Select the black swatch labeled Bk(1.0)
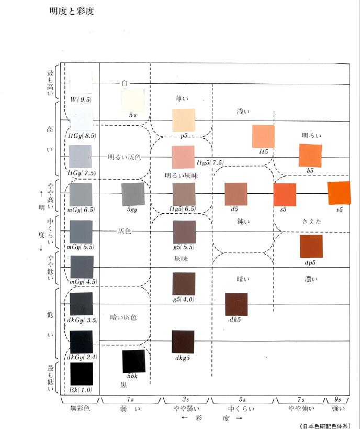81,373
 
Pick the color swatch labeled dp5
311,246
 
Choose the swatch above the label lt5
263,136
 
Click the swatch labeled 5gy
132,194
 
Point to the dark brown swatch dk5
235,304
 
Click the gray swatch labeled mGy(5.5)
81,232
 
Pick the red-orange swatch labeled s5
285,195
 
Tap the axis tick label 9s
337,400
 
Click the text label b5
310,171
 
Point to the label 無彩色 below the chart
81,408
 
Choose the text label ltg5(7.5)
210,162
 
